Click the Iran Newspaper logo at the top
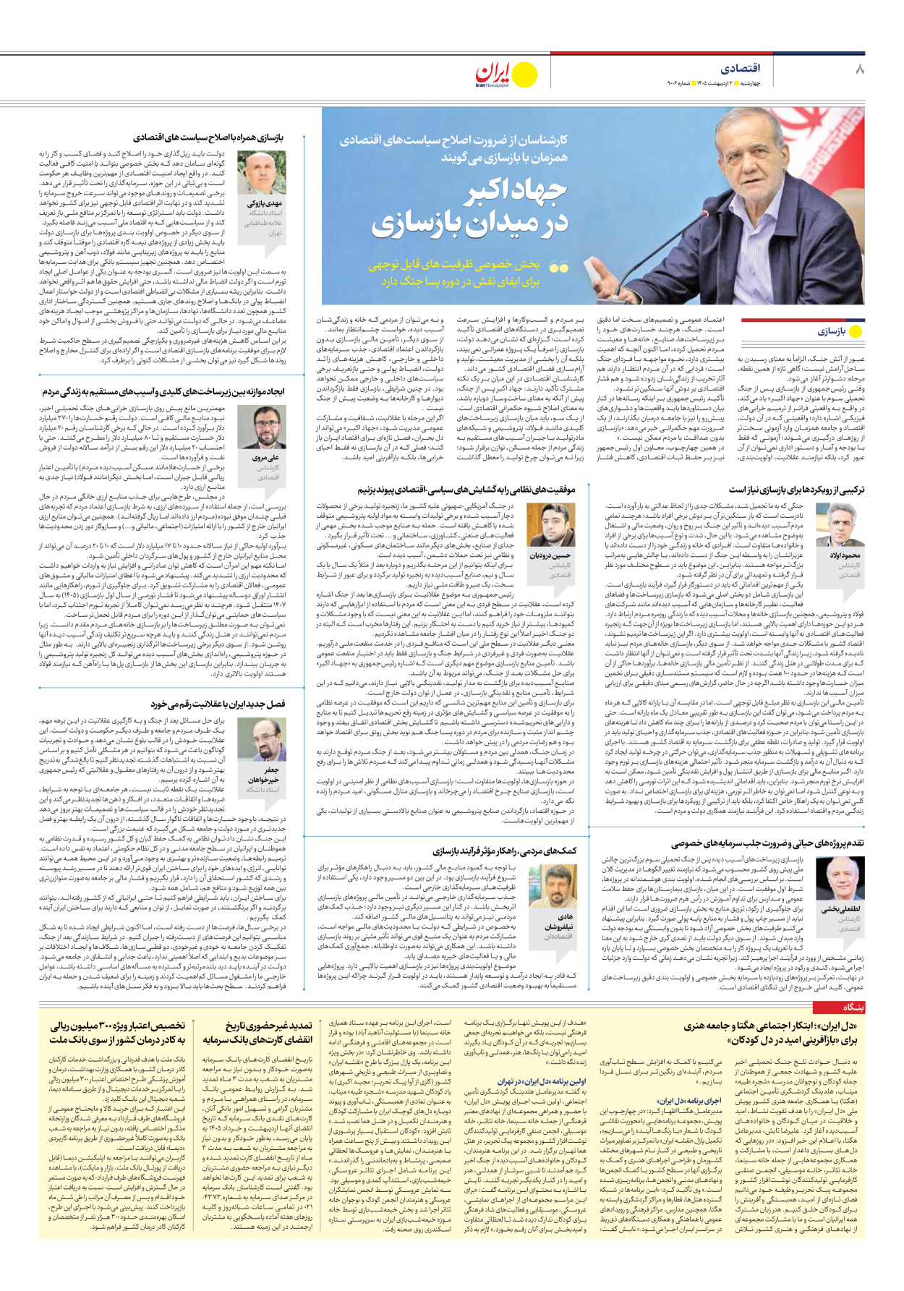point(506,74)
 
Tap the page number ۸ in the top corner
point(859,69)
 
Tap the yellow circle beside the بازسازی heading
point(856,332)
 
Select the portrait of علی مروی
point(266,429)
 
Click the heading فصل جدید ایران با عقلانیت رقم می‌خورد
point(218,704)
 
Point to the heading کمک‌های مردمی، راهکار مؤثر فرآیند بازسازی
point(505,851)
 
